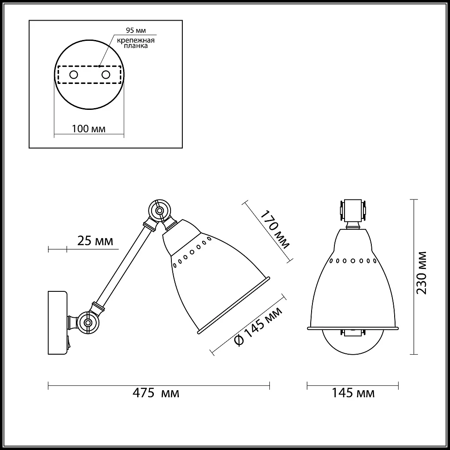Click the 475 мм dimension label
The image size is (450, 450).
point(156,393)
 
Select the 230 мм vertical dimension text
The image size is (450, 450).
point(422,273)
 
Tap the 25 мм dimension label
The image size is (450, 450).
point(95,241)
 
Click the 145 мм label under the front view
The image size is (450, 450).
point(353,393)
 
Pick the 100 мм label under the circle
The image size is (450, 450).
point(89,129)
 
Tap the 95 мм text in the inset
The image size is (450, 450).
point(136,30)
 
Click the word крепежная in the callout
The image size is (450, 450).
point(136,40)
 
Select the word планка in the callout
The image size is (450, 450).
point(136,46)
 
